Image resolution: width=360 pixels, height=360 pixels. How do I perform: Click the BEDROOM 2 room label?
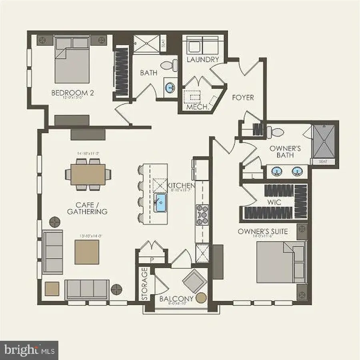[x=72, y=93]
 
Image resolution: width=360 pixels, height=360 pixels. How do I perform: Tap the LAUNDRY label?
[x=203, y=60]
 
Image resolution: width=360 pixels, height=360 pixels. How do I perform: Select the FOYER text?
[x=243, y=97]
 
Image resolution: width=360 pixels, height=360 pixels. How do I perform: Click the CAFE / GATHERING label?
[x=87, y=208]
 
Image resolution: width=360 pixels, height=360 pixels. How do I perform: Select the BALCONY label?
[x=176, y=299]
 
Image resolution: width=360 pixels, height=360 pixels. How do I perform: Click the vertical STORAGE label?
[x=144, y=284]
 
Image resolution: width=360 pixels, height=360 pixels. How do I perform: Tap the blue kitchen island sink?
[x=162, y=201]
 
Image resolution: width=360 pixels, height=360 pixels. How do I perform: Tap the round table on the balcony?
[x=201, y=298]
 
